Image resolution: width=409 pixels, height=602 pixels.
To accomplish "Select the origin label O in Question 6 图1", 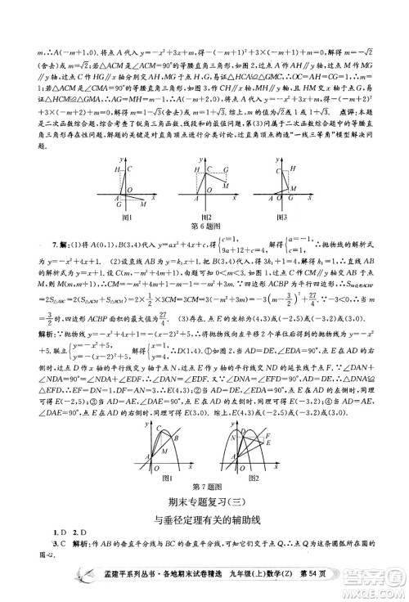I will (x=115, y=200).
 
